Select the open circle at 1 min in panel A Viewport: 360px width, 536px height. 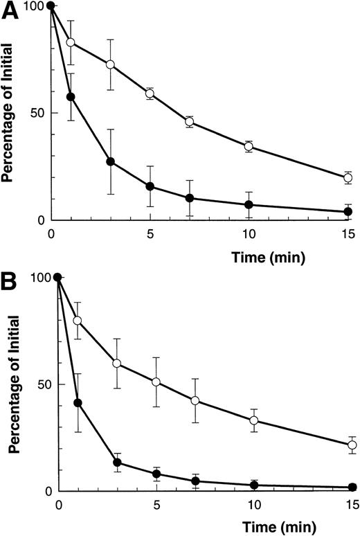tap(71, 42)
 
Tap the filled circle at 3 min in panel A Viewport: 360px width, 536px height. tap(110, 161)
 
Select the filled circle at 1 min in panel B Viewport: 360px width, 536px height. tap(78, 402)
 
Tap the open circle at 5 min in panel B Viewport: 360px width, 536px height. tap(156, 382)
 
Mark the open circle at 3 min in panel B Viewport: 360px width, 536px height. tap(117, 364)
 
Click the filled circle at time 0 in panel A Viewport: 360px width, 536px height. tap(51, 6)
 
